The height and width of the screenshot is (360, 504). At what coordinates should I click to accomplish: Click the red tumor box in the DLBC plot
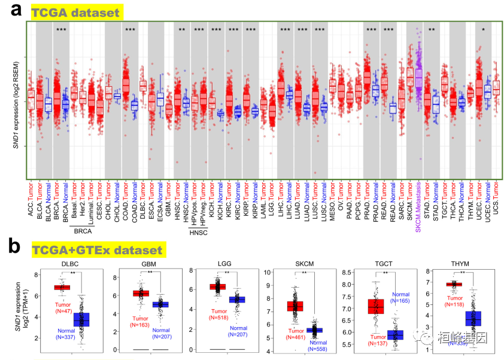click(62, 288)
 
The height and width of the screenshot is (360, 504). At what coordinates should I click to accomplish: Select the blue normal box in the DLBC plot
click(77, 319)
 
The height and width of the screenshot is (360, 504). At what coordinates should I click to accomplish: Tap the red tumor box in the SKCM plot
click(295, 306)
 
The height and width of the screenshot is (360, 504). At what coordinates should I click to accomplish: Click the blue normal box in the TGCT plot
click(395, 335)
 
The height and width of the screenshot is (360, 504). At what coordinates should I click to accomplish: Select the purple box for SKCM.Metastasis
click(419, 78)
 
